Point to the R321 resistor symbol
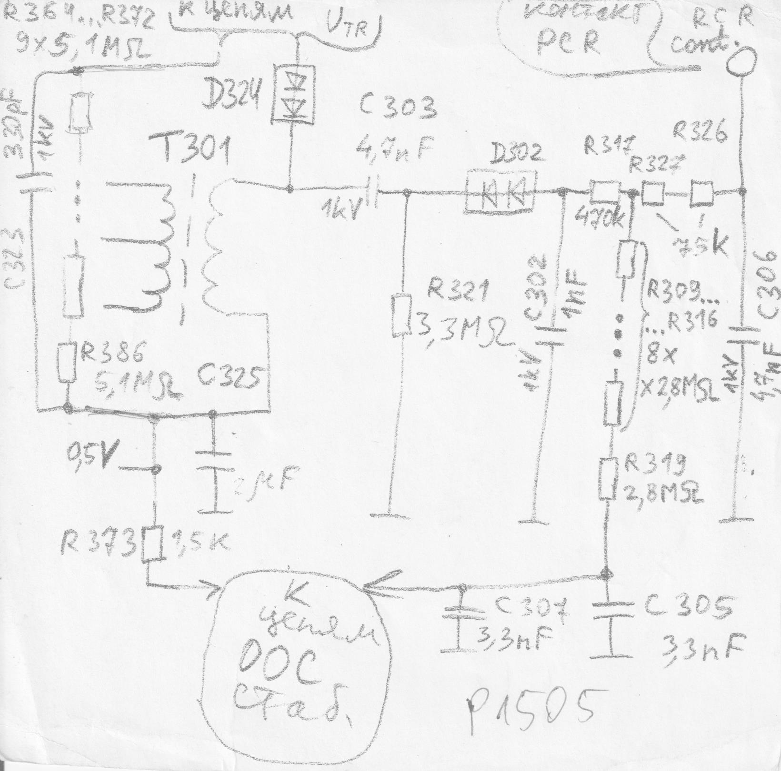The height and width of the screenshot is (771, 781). [401, 316]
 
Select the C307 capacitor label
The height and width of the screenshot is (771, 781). [531, 608]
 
